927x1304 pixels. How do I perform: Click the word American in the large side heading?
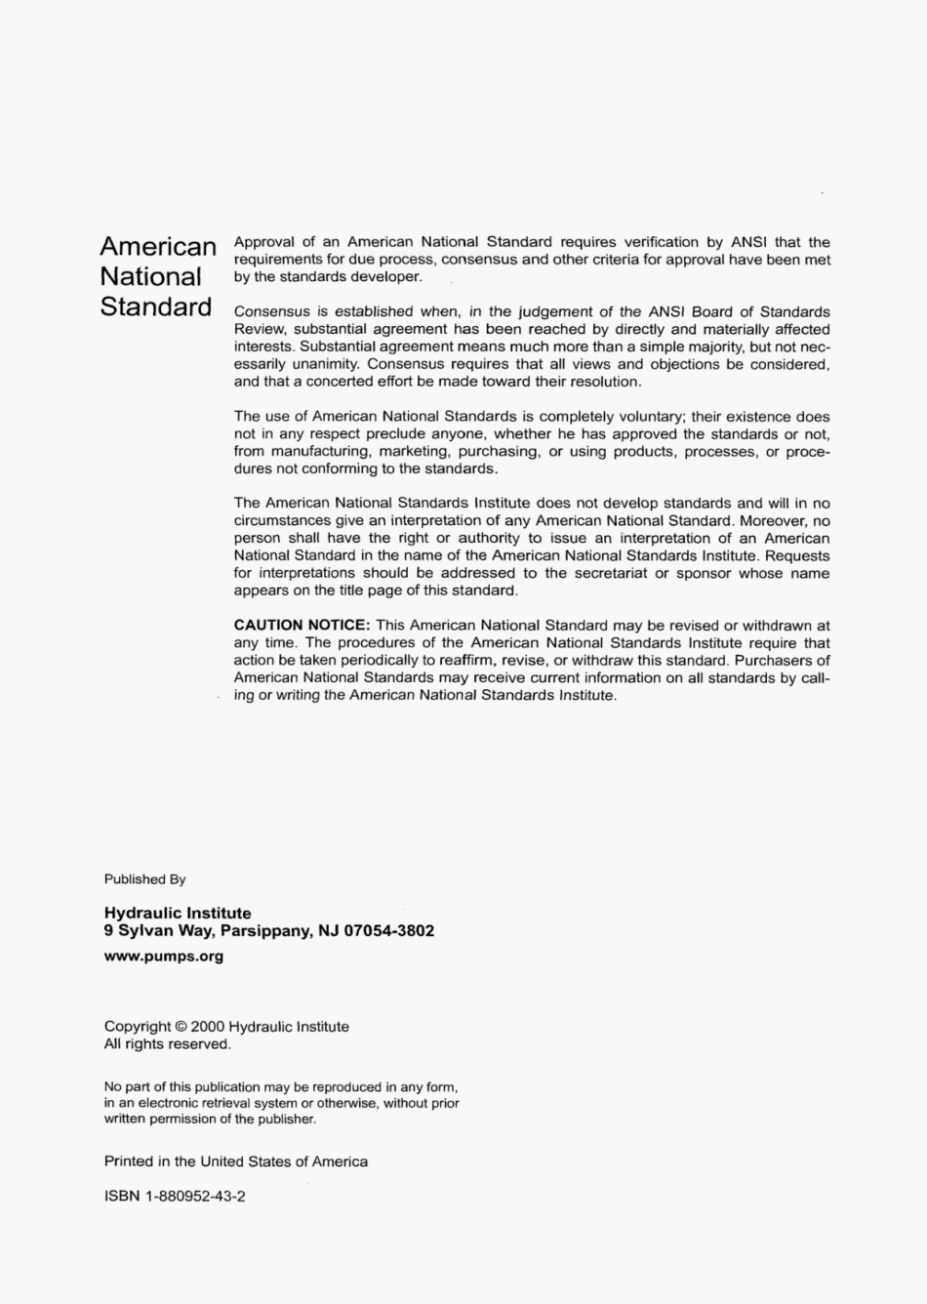coord(158,246)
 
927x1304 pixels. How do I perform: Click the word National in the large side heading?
coord(150,276)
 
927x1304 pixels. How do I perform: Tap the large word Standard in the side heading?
coord(156,306)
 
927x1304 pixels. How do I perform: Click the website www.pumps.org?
coord(164,957)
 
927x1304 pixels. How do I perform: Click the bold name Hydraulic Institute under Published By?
coord(178,914)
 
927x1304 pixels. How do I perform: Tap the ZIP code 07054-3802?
coord(390,931)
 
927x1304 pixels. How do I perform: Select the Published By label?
coord(144,879)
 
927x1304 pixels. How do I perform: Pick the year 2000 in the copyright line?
coord(207,1027)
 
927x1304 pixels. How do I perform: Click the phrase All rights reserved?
coord(167,1044)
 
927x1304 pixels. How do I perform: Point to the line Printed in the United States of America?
coord(235,1161)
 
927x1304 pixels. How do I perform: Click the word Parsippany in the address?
coord(265,931)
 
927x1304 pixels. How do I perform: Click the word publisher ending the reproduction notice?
coord(286,1120)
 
